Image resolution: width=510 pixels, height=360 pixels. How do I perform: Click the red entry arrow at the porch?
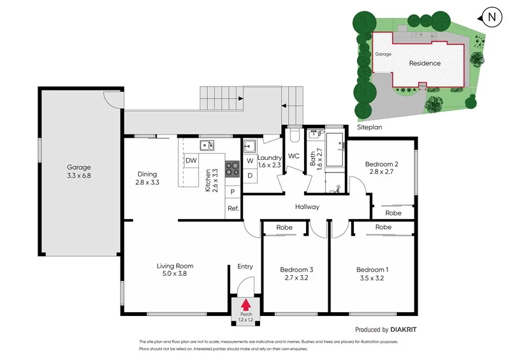pyautogui.click(x=245, y=306)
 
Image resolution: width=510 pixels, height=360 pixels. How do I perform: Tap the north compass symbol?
pyautogui.click(x=490, y=17)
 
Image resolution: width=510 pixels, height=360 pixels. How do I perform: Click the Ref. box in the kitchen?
pyautogui.click(x=233, y=208)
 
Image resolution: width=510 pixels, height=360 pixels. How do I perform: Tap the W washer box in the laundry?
pyautogui.click(x=250, y=161)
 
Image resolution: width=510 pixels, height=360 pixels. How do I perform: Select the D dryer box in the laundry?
pyautogui.click(x=250, y=175)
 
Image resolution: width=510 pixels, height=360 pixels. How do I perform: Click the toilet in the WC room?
pyautogui.click(x=294, y=135)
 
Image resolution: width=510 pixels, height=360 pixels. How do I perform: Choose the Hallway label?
pyautogui.click(x=307, y=207)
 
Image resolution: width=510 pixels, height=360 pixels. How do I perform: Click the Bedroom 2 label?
pyautogui.click(x=381, y=164)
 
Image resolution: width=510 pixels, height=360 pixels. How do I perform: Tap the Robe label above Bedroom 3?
pyautogui.click(x=284, y=227)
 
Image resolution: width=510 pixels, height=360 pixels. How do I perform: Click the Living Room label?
pyautogui.click(x=175, y=266)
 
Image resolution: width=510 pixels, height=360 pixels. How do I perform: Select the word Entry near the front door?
pyautogui.click(x=245, y=266)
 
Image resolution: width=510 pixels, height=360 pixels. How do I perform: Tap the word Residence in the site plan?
pyautogui.click(x=425, y=63)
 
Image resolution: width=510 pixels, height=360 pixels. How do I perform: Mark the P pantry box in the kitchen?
pyautogui.click(x=233, y=192)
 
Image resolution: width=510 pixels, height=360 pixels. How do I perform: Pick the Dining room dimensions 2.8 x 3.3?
pyautogui.click(x=147, y=182)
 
